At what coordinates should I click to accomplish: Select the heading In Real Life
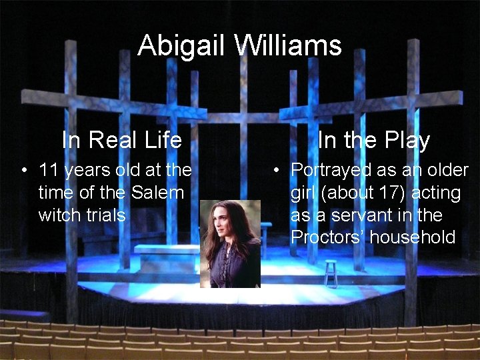[x=121, y=140]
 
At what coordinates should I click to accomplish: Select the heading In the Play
[x=373, y=140]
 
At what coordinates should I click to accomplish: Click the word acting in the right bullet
[x=436, y=193]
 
